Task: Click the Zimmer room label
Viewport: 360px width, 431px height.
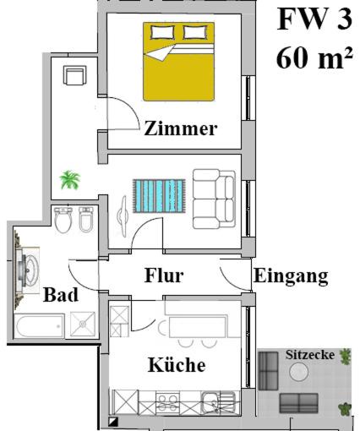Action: (181, 128)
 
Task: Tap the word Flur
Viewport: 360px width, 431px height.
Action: (164, 276)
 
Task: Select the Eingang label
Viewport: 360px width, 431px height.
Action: (291, 277)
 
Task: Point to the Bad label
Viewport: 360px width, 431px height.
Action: (61, 295)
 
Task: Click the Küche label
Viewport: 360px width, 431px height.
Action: (177, 364)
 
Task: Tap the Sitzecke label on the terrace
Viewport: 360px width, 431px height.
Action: (310, 355)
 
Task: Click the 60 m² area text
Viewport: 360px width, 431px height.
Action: (314, 58)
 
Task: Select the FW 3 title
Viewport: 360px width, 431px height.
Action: (314, 19)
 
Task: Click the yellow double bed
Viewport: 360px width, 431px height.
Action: (178, 62)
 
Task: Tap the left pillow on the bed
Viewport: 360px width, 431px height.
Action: (162, 32)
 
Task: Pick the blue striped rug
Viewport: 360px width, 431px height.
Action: (159, 196)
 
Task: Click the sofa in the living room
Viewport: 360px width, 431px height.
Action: (214, 199)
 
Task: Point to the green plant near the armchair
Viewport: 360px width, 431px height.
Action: (70, 180)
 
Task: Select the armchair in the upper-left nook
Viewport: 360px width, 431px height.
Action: (74, 75)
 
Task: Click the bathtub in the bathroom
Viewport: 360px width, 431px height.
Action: (39, 325)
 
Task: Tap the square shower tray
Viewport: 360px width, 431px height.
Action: (83, 324)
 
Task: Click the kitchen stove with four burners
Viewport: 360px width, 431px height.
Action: (167, 402)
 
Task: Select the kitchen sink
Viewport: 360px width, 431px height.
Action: (218, 402)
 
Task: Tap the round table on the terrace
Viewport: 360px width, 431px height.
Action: (299, 372)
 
